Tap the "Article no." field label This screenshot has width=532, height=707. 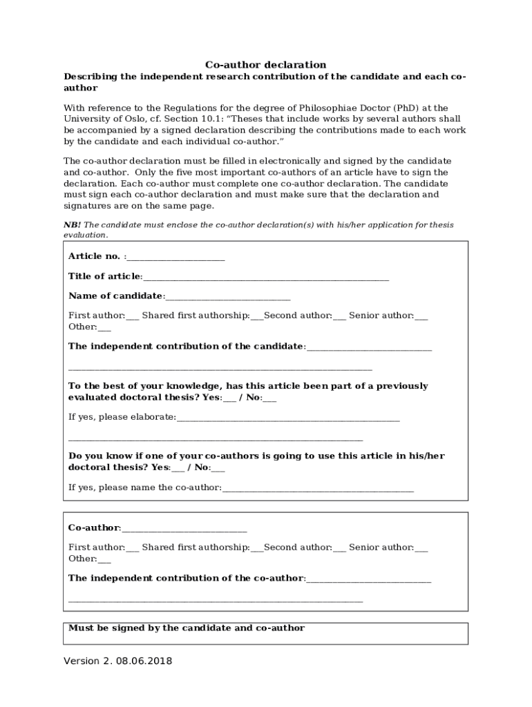(x=95, y=256)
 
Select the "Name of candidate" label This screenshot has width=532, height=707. (x=115, y=296)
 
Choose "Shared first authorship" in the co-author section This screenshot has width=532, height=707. (x=196, y=548)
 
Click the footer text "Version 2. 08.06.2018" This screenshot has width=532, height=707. (x=118, y=661)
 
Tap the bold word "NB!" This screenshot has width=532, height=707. (x=72, y=225)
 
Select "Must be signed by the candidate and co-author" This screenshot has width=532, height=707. (x=187, y=628)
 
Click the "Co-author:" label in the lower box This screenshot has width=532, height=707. (x=94, y=528)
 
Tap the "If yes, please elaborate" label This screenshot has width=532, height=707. (x=122, y=417)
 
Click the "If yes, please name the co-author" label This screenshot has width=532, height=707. (x=144, y=487)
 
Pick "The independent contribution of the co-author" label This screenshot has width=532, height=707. (x=186, y=578)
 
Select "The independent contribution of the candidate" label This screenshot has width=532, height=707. (x=186, y=346)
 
